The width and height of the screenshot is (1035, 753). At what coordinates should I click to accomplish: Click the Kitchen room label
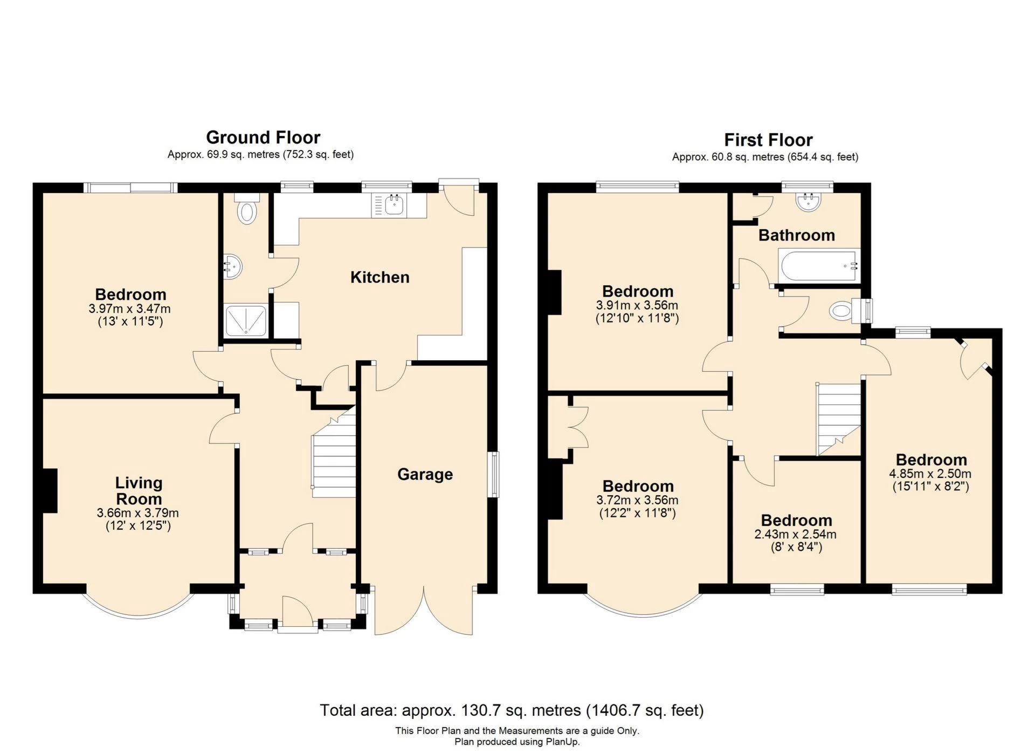pyautogui.click(x=380, y=277)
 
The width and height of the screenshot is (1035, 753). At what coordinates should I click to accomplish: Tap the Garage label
pyautogui.click(x=425, y=475)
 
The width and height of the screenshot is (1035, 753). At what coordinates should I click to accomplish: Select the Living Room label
pyautogui.click(x=139, y=491)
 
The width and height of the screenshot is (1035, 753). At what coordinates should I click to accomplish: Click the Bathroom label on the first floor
pyautogui.click(x=797, y=235)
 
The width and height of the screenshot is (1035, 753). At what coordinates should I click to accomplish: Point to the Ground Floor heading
pyautogui.click(x=263, y=138)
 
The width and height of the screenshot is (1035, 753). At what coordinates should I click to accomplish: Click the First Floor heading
pyautogui.click(x=768, y=140)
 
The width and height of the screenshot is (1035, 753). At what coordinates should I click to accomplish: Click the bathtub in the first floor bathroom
pyautogui.click(x=818, y=265)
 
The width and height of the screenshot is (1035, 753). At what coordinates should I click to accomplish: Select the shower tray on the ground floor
pyautogui.click(x=246, y=320)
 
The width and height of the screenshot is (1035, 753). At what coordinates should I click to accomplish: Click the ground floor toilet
pyautogui.click(x=247, y=209)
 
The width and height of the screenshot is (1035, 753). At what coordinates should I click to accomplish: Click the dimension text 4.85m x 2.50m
pyautogui.click(x=930, y=474)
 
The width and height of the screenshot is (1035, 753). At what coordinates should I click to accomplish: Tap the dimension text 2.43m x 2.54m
pyautogui.click(x=796, y=535)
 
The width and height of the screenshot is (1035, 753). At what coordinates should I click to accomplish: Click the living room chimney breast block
pyautogui.click(x=50, y=491)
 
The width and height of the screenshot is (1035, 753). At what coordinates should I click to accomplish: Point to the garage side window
pyautogui.click(x=493, y=475)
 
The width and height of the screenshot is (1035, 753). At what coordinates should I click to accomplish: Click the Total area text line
pyautogui.click(x=512, y=710)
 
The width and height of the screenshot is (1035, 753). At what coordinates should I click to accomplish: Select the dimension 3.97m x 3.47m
pyautogui.click(x=130, y=309)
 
